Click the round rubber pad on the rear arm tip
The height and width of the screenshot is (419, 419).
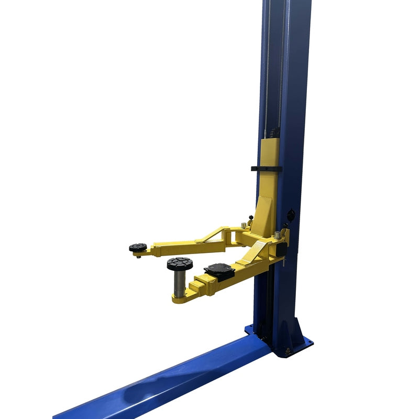138,247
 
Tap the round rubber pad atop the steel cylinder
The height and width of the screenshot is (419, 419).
180,263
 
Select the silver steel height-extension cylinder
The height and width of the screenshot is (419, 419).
180,283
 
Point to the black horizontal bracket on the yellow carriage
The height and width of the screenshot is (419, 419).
266,169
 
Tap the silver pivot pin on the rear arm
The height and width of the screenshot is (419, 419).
244,226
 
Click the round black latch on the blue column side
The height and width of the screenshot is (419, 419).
291,215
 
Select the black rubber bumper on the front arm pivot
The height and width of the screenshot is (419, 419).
281,249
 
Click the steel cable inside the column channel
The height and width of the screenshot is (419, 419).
267,79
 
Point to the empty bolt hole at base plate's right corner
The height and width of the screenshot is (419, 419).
308,344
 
